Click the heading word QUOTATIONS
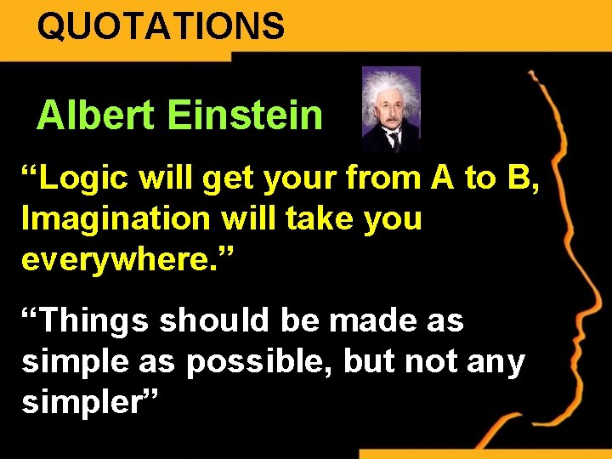(161, 25)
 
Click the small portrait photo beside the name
(390, 109)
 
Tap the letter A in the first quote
(443, 178)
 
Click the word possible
(258, 362)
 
